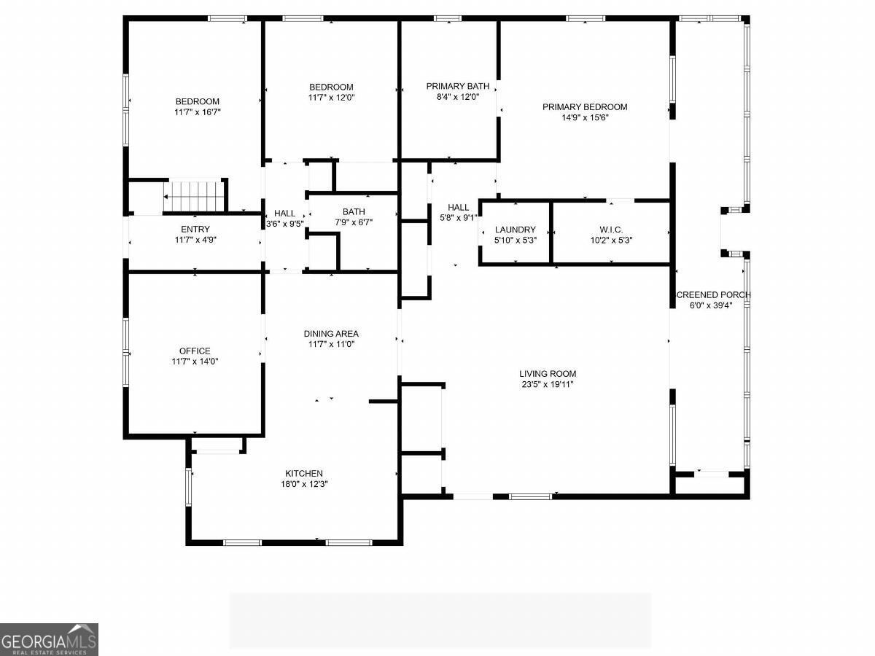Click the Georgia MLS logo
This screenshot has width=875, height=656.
49,639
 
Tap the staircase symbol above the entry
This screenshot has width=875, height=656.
192,196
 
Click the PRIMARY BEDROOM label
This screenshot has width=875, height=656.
585,106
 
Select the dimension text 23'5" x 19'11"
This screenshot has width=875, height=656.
548,384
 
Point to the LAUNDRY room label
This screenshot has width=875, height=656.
515,230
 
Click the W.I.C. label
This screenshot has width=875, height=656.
611,230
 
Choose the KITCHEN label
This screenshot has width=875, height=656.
304,473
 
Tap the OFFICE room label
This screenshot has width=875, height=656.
195,351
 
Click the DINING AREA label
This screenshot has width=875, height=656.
331,334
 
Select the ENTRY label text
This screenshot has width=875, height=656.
195,229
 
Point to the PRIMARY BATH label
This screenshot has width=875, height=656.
458,86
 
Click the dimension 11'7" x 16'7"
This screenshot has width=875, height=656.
198,112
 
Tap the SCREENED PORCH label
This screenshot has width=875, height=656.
713,294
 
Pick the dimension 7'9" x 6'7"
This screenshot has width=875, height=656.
354,222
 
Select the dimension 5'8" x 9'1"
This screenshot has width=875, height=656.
459,218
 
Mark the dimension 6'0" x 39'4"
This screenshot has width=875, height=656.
711,305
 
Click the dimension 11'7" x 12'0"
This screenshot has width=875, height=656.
331,98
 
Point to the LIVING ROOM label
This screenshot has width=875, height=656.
548,374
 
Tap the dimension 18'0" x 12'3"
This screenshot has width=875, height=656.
304,484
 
